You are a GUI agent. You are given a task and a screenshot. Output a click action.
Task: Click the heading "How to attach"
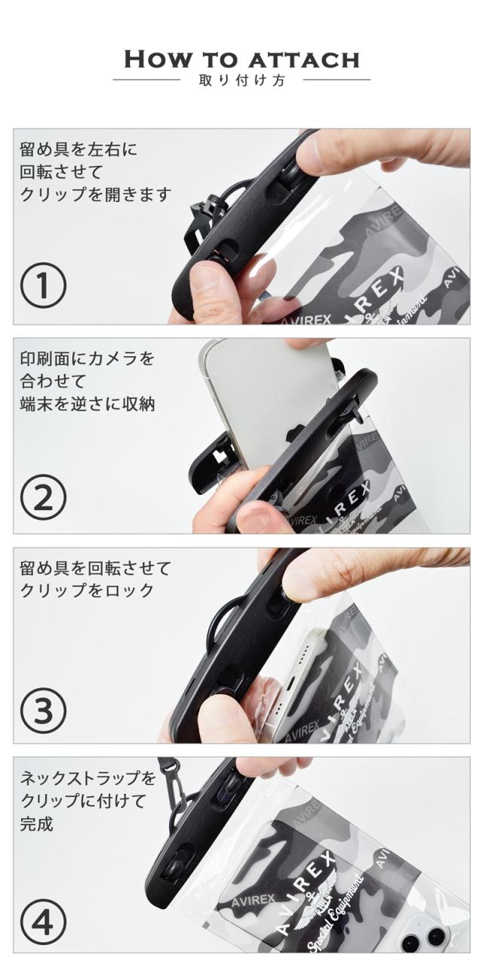[241, 60]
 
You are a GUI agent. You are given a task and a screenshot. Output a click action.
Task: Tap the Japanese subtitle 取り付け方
[242, 81]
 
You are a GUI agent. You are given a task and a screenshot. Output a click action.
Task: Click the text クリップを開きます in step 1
[96, 195]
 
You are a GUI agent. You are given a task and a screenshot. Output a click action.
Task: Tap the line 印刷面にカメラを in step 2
[87, 358]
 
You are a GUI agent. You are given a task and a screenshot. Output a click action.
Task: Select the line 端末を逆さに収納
[87, 405]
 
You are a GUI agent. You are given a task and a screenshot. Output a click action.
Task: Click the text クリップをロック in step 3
[87, 590]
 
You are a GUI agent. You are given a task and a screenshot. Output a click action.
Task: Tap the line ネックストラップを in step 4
[88, 778]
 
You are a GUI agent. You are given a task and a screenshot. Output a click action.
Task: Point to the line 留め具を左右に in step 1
[78, 149]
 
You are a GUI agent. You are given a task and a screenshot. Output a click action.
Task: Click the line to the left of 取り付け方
[146, 80]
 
